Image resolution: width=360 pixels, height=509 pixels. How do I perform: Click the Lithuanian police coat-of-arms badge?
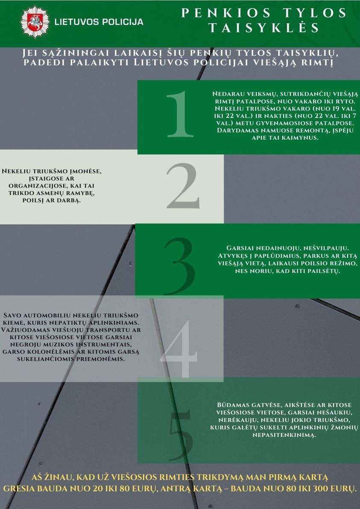(x=35, y=22)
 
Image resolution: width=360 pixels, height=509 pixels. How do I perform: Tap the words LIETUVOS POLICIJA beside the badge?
(x=99, y=22)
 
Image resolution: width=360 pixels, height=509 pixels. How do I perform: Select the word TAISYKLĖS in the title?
(x=263, y=28)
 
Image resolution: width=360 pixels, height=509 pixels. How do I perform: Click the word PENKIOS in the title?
(x=226, y=13)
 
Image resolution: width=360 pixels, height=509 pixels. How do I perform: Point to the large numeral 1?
(x=180, y=114)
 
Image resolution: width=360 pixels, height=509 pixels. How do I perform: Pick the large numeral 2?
(x=182, y=186)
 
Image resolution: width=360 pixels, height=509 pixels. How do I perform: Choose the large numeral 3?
(x=180, y=266)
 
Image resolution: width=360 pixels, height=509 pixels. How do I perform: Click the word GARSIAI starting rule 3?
(x=240, y=248)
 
